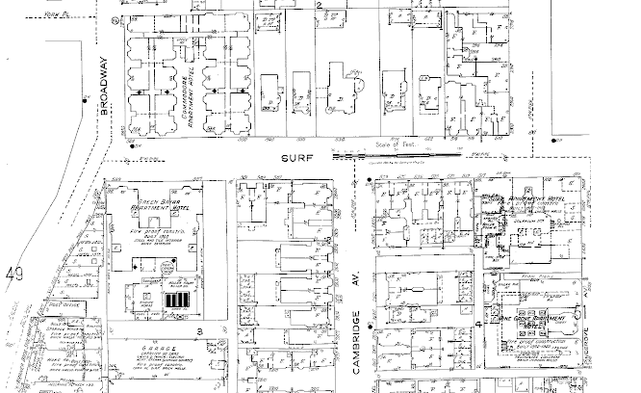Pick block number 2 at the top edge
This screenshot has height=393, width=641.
click(x=319, y=6)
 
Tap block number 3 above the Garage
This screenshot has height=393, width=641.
click(x=199, y=330)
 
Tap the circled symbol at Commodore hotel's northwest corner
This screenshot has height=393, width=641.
click(x=116, y=19)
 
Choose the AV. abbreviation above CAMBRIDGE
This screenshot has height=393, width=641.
click(x=356, y=277)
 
